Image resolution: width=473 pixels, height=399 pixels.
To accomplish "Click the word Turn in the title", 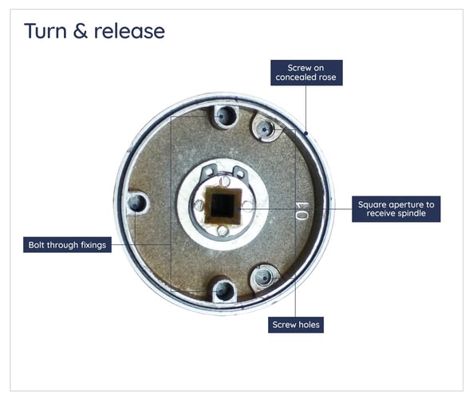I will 44,31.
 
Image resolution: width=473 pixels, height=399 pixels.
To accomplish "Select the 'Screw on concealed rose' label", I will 305,72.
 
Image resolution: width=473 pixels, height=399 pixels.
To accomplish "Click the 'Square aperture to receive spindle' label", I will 396,208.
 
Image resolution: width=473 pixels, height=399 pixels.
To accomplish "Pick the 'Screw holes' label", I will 295,326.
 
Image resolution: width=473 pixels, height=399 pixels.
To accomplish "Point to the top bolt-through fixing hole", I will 224,117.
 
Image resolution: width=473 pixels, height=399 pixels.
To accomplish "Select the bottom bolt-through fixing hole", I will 224,290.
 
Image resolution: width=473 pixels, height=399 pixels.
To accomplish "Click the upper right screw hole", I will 265,128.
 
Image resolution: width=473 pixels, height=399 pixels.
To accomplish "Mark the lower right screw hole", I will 264,279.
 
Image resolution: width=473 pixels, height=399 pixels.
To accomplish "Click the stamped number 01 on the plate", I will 302,211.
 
